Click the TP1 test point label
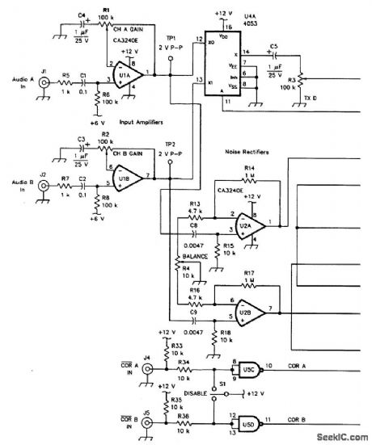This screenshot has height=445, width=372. (x=170, y=37)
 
